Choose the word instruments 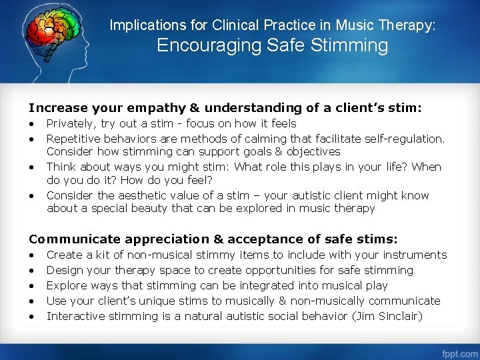(415, 255)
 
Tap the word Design (63, 270)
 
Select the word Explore (65, 285)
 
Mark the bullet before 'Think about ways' (31, 167)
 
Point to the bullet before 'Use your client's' (31, 301)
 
